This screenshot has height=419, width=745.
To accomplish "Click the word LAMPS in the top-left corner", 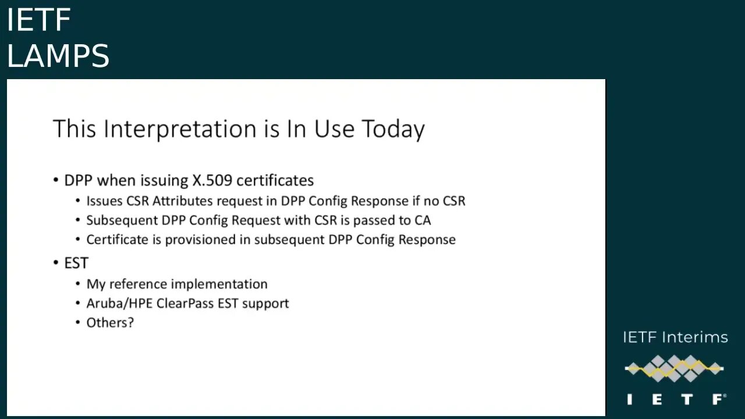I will tap(58, 56).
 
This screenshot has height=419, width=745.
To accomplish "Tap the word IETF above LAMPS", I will tap(38, 20).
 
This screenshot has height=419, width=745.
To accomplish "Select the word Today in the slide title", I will tap(393, 129).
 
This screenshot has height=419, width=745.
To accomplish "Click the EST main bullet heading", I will tap(76, 263).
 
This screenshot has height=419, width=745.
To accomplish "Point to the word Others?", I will tap(110, 322).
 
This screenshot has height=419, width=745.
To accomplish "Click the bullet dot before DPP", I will tap(56, 180).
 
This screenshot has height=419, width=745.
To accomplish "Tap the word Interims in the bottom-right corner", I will tap(701, 338).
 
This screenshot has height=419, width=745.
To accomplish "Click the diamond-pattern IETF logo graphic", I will tap(674, 368).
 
